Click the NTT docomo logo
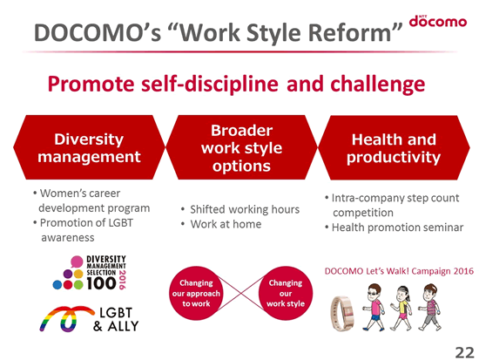point(438,21)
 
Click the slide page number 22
point(464,352)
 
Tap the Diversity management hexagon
point(89,147)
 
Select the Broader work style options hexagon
point(241,147)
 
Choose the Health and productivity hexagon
point(394,147)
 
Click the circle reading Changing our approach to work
point(196,293)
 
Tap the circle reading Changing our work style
point(286,293)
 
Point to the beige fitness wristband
point(343,314)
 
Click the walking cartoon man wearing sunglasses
point(374,307)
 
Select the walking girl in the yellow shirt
point(401,309)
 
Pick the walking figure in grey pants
point(429,307)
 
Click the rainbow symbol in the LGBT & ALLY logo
point(65,319)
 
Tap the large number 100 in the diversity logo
point(101,283)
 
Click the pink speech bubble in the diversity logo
point(77,262)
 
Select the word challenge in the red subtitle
point(378,84)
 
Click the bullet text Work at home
point(226,224)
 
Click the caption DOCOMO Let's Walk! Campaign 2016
point(399,271)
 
